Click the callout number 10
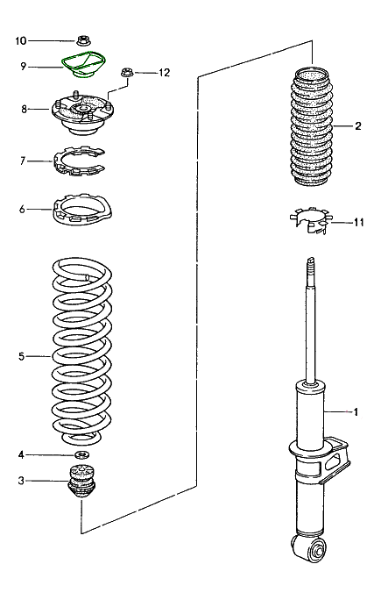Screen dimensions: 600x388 [21, 40]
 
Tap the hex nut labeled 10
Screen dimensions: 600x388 [84, 40]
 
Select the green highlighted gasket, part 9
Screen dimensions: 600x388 [84, 67]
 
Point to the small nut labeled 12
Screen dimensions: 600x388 [128, 75]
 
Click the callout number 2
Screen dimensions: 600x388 [358, 126]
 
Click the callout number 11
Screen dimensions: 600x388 [358, 223]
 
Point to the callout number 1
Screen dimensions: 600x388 [355, 411]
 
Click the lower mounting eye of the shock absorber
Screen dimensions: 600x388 [316, 551]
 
